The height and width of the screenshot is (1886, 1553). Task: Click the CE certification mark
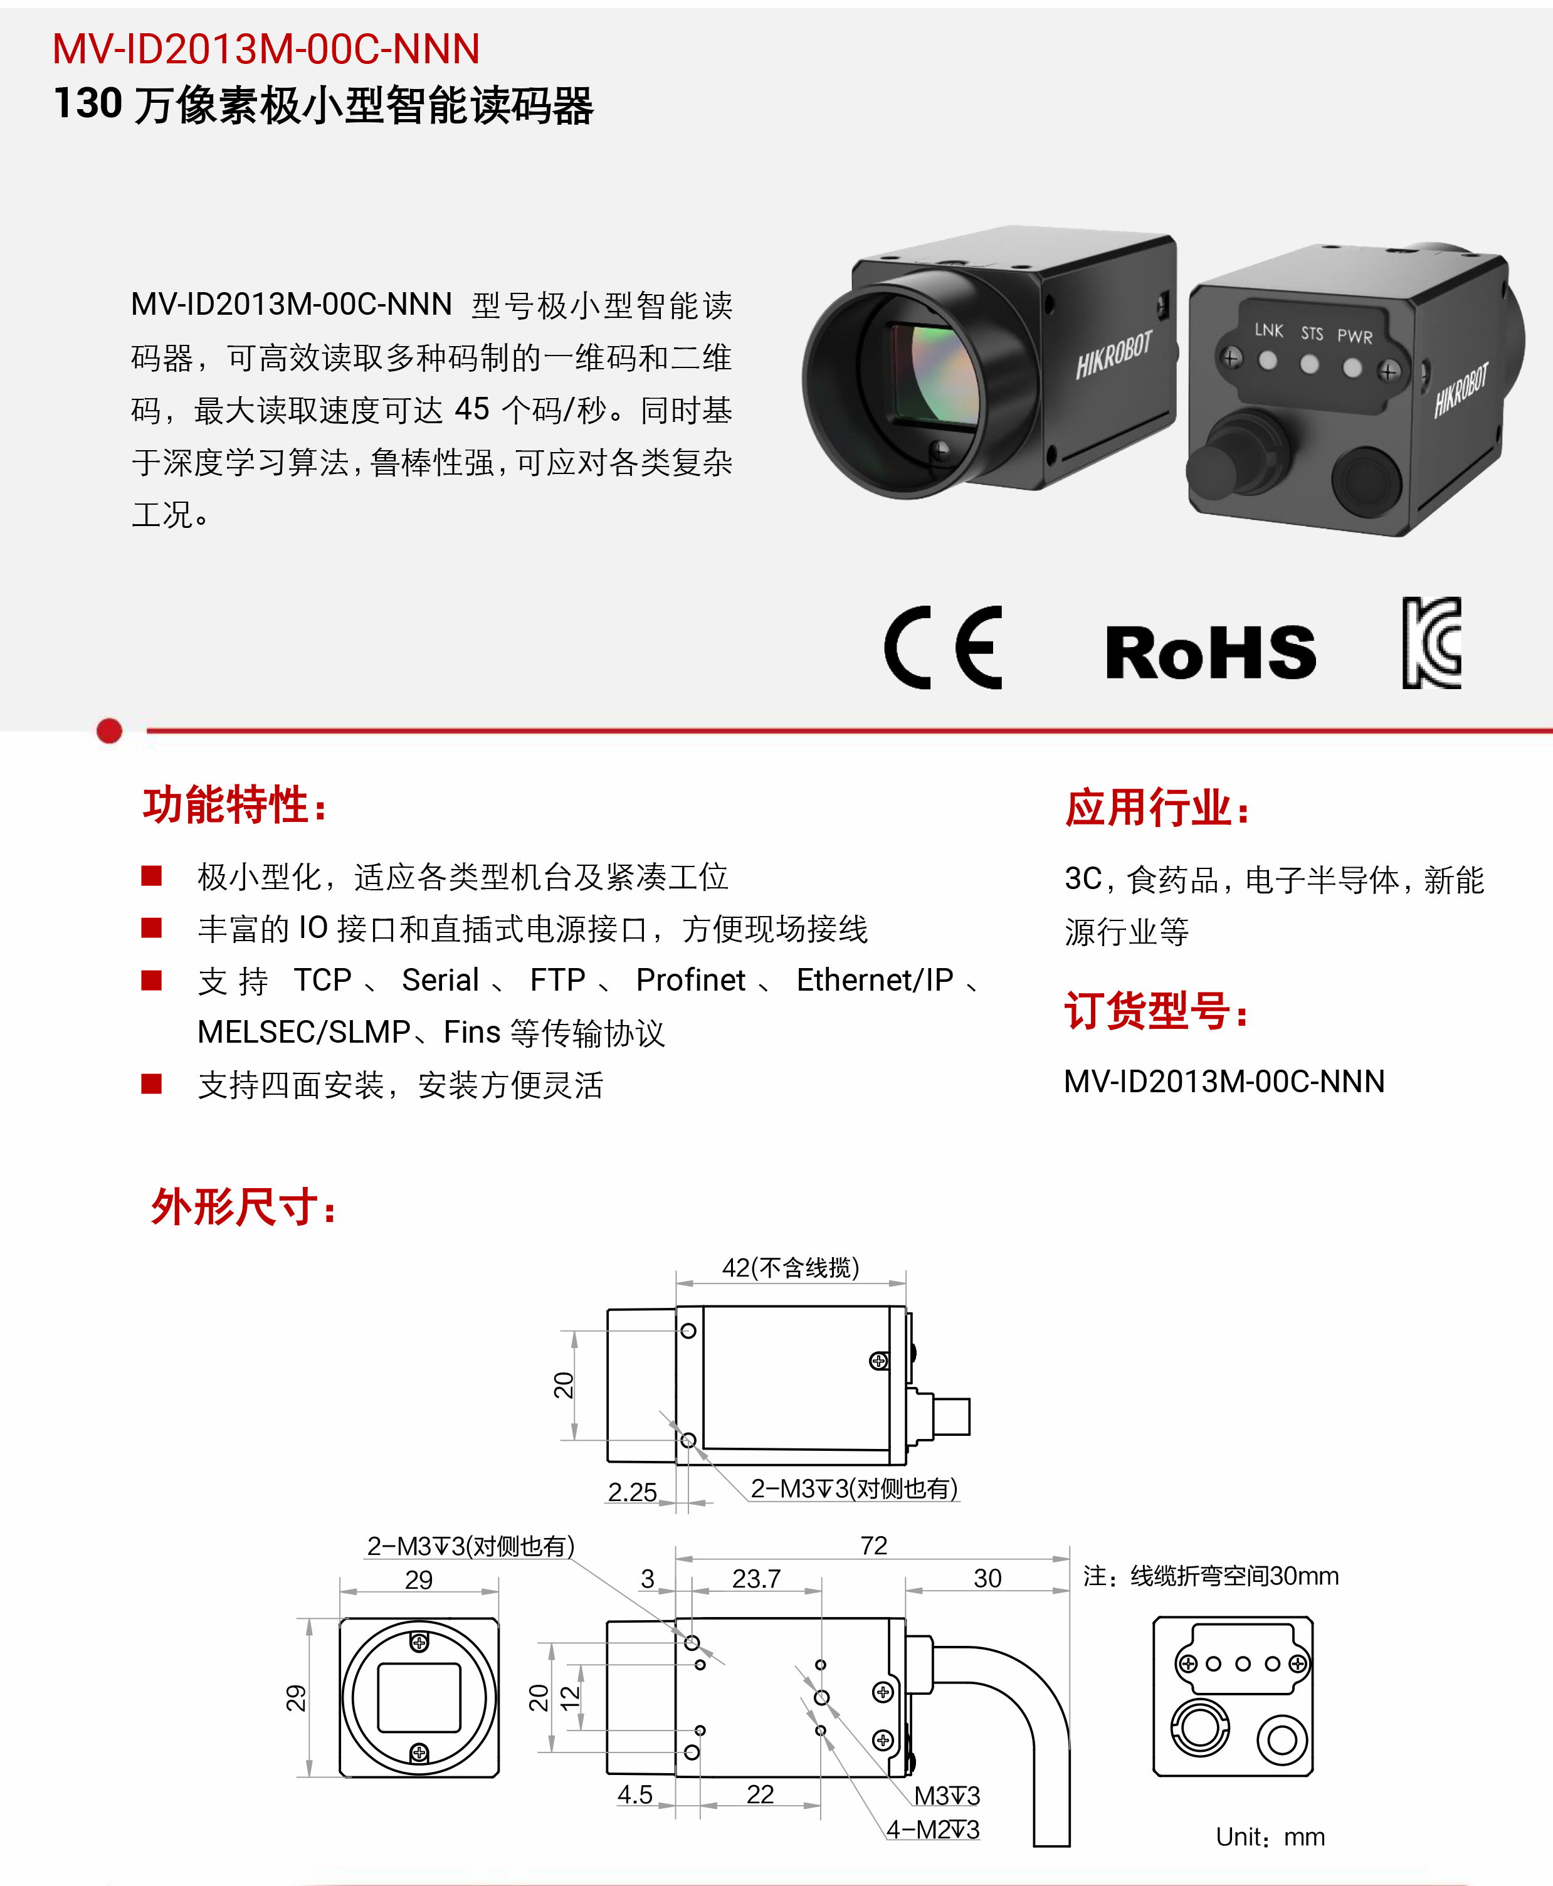(x=943, y=648)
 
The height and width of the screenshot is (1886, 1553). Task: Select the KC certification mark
(x=1431, y=643)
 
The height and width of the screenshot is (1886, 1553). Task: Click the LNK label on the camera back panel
(x=1268, y=330)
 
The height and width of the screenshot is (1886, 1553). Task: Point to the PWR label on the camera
(x=1354, y=337)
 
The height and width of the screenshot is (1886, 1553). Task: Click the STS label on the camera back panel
(x=1312, y=334)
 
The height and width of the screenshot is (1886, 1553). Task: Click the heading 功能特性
(x=234, y=804)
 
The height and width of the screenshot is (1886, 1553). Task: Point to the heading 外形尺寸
(x=243, y=1206)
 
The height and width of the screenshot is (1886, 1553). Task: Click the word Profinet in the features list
(x=691, y=981)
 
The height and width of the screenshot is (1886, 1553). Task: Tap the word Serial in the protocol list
(x=440, y=981)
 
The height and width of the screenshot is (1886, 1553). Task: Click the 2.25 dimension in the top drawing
(x=633, y=1492)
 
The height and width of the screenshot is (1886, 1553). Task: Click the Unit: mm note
(x=1270, y=1837)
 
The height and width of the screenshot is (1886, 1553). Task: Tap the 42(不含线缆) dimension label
(x=791, y=1267)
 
